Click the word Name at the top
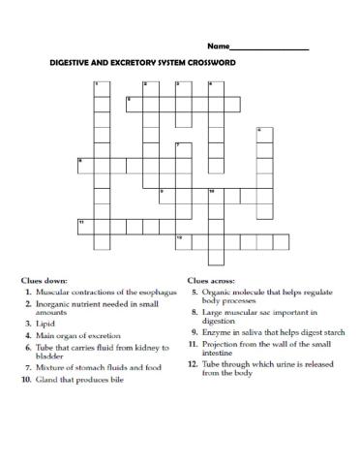[x=217, y=46]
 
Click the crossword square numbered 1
[x=101, y=88]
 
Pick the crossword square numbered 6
[x=263, y=134]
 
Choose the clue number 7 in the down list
[x=28, y=367]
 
